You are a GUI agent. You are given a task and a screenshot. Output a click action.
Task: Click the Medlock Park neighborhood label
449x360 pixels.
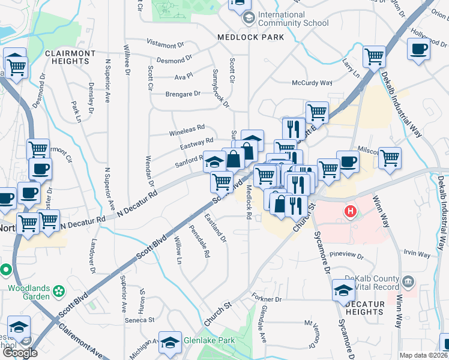(250, 37)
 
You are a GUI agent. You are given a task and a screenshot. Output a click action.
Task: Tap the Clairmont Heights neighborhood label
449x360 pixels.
(70, 59)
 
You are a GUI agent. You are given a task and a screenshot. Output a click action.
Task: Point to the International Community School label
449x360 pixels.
(294, 19)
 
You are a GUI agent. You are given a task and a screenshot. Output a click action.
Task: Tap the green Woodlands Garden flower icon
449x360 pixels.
(59, 292)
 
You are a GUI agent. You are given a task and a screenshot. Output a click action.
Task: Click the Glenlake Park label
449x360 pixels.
(209, 340)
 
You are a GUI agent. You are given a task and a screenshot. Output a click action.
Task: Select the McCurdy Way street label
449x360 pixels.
(312, 83)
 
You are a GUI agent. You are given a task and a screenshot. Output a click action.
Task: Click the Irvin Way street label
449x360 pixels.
(417, 254)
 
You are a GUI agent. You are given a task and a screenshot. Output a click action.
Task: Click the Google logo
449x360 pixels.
(20, 352)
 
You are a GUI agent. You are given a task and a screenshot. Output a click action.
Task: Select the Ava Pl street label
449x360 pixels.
(183, 76)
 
